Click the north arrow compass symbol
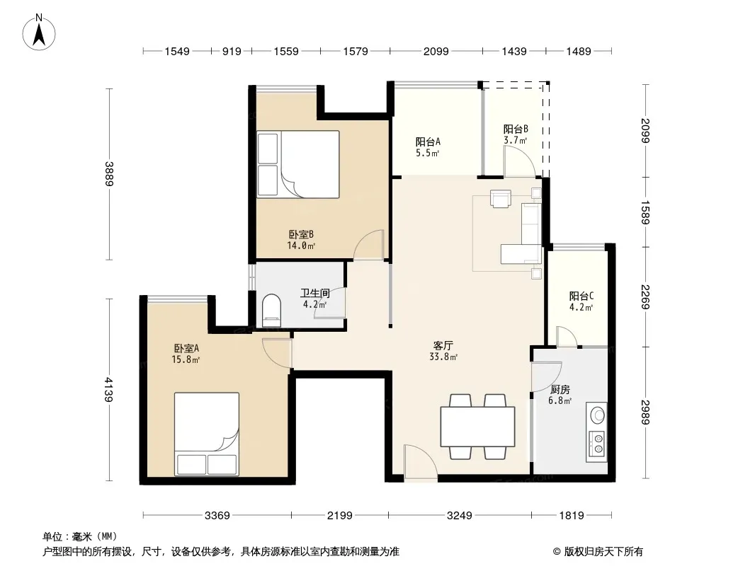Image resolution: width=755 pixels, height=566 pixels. pos(39,33)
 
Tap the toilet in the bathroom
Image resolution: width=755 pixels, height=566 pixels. pos(271,311)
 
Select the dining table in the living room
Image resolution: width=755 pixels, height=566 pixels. pos(477,427)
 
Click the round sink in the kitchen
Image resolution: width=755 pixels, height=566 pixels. pos(598,415)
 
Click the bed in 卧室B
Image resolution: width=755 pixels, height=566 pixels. pos(298,164)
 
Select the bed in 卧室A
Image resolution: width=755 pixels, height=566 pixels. pos(207,434)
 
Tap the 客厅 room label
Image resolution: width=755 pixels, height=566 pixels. pos(443,346)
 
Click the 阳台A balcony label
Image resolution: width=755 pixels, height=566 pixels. pos(428,142)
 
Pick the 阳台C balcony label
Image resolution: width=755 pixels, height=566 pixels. pos(581,296)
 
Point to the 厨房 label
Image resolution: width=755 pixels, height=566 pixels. pos(560,390)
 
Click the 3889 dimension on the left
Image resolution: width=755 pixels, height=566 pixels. pos(109,174)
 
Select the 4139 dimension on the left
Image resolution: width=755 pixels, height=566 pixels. pos(109,390)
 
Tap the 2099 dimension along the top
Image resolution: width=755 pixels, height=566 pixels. pos(436,52)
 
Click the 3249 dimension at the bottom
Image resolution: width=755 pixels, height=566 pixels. pos(460,516)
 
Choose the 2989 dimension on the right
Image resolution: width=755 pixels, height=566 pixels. pos(646,412)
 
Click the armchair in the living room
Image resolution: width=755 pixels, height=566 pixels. pos(500,198)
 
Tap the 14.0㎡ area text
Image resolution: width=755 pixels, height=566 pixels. pos(301,246)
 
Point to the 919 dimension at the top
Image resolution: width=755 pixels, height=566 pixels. pos(232,52)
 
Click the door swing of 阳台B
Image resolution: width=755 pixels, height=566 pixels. pos(520,161)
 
